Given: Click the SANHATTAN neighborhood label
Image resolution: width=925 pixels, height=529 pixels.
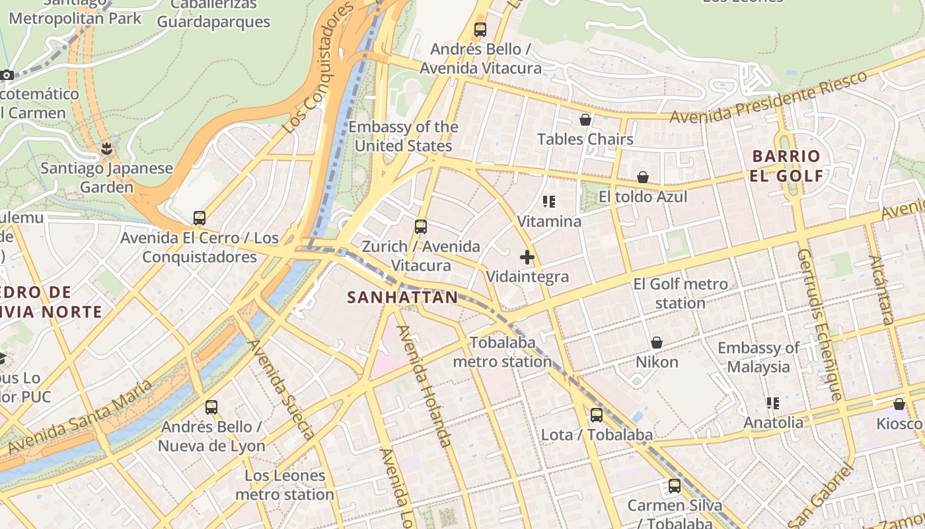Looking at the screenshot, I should [402, 298].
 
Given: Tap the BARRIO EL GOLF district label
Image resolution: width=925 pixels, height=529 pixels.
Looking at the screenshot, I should [786, 166].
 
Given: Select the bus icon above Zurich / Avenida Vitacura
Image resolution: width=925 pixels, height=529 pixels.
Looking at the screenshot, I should [420, 227].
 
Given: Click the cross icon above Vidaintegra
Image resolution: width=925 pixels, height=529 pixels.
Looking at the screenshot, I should [527, 257].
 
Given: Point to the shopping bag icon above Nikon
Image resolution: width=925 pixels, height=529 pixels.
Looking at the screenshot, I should [656, 343].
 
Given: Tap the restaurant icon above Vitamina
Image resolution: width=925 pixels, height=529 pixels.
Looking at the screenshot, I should [548, 201].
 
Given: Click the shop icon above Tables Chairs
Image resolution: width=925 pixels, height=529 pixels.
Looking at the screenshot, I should [585, 120].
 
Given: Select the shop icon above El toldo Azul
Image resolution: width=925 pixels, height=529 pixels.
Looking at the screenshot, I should [642, 177].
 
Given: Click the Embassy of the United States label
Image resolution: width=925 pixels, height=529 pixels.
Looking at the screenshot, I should [403, 136].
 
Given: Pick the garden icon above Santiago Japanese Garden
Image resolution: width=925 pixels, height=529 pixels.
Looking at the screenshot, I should [106, 148].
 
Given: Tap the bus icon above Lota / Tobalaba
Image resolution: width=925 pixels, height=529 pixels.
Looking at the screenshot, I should [596, 415].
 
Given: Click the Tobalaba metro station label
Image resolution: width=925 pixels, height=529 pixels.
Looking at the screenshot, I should [502, 352].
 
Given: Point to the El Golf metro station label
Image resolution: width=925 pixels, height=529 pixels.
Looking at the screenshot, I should [680, 294].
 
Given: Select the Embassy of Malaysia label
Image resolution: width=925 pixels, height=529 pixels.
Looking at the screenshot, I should [758, 357].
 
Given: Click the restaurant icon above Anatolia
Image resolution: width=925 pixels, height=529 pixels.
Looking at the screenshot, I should [772, 403].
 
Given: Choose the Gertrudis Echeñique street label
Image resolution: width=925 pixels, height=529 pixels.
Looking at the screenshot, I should [820, 325].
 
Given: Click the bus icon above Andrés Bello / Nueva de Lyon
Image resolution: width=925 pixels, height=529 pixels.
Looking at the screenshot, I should [211, 407].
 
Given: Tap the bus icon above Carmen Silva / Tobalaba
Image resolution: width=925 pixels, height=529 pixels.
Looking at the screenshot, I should [674, 486].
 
